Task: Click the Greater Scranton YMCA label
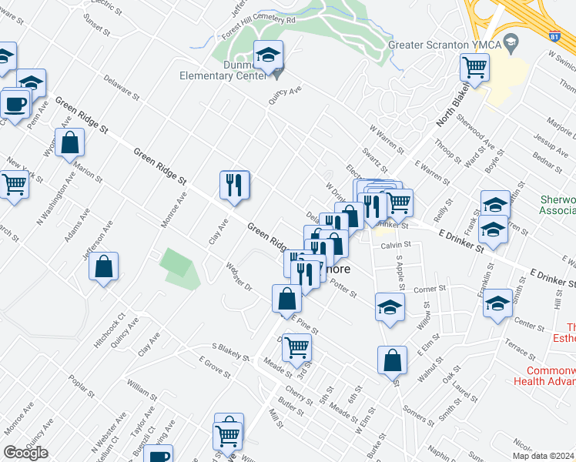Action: click(445, 44)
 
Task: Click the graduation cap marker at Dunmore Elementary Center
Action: click(268, 55)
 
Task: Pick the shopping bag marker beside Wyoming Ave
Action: click(69, 143)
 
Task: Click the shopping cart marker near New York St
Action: click(13, 185)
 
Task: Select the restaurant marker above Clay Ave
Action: click(235, 185)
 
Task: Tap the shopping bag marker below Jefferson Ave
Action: click(103, 267)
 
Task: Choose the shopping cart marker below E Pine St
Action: click(296, 347)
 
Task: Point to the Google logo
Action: click(25, 453)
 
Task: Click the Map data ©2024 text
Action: click(544, 456)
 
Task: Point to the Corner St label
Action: click(430, 289)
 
